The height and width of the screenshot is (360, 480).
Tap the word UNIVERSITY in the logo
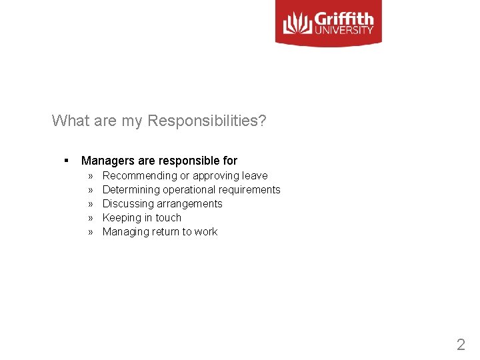[x=345, y=29]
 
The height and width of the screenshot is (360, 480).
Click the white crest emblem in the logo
[x=297, y=24]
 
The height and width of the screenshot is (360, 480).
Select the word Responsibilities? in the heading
[x=207, y=121]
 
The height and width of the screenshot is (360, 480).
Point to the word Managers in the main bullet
[x=109, y=161]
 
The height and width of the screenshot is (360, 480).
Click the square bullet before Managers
[x=67, y=161]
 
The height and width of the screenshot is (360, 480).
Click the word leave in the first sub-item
[x=255, y=176]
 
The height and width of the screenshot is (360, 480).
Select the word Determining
[x=131, y=190]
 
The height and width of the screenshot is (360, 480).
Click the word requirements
[x=250, y=190]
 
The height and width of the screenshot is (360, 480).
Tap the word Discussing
[x=127, y=204]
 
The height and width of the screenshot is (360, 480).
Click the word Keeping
[x=122, y=218]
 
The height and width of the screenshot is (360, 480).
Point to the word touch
[x=168, y=218]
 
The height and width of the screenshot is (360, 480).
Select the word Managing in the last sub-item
[x=125, y=232]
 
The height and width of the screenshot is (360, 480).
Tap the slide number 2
[x=461, y=345]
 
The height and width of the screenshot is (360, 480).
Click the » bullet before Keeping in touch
[x=90, y=218]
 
